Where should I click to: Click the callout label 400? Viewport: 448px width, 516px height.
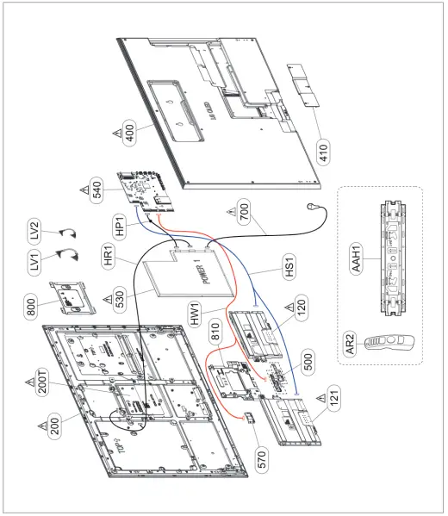(130, 132)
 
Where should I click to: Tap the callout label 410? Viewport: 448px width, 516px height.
(324, 152)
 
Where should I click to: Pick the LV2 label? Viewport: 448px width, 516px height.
(34, 232)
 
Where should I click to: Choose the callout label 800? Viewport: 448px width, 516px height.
(31, 307)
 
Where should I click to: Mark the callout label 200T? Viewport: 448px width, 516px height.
(43, 382)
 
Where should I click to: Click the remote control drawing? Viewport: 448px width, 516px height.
(389, 343)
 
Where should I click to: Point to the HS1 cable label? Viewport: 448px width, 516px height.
(289, 267)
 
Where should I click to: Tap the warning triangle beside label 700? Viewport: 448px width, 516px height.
(232, 211)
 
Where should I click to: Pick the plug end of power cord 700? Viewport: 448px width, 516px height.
(311, 207)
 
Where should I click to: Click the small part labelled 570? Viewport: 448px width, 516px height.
(250, 418)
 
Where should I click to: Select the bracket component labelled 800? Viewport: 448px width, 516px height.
(72, 298)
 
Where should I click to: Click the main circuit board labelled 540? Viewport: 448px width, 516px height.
(145, 192)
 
